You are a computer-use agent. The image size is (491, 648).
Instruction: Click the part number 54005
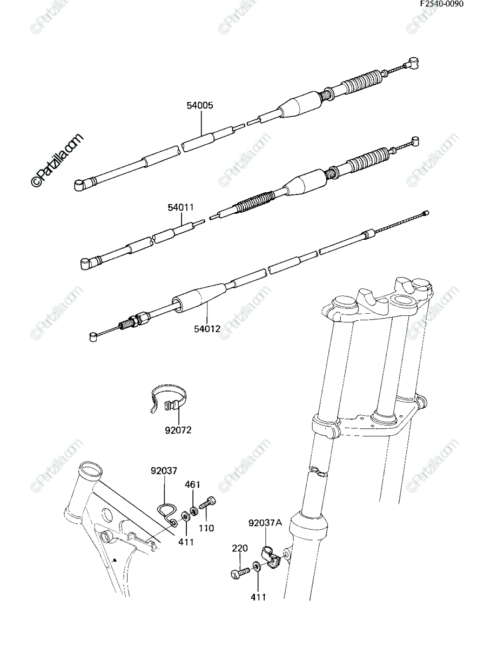point(200,105)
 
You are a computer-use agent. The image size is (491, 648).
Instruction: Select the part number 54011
point(181,207)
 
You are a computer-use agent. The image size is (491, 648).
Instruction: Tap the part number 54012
point(207,328)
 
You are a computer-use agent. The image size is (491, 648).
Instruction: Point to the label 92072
point(178,430)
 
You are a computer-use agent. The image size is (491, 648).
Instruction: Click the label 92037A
point(265,523)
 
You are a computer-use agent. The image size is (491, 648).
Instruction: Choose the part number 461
point(192,484)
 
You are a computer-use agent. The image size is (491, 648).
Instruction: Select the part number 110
point(206,528)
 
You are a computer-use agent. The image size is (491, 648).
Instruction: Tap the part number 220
point(240,548)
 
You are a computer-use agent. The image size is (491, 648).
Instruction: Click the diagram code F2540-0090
point(442,4)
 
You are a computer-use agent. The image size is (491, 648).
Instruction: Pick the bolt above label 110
point(207,502)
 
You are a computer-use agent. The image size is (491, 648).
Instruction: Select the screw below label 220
point(239,573)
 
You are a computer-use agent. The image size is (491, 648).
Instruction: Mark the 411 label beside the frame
point(186,542)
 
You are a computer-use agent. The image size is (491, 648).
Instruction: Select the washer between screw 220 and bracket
point(256,567)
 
